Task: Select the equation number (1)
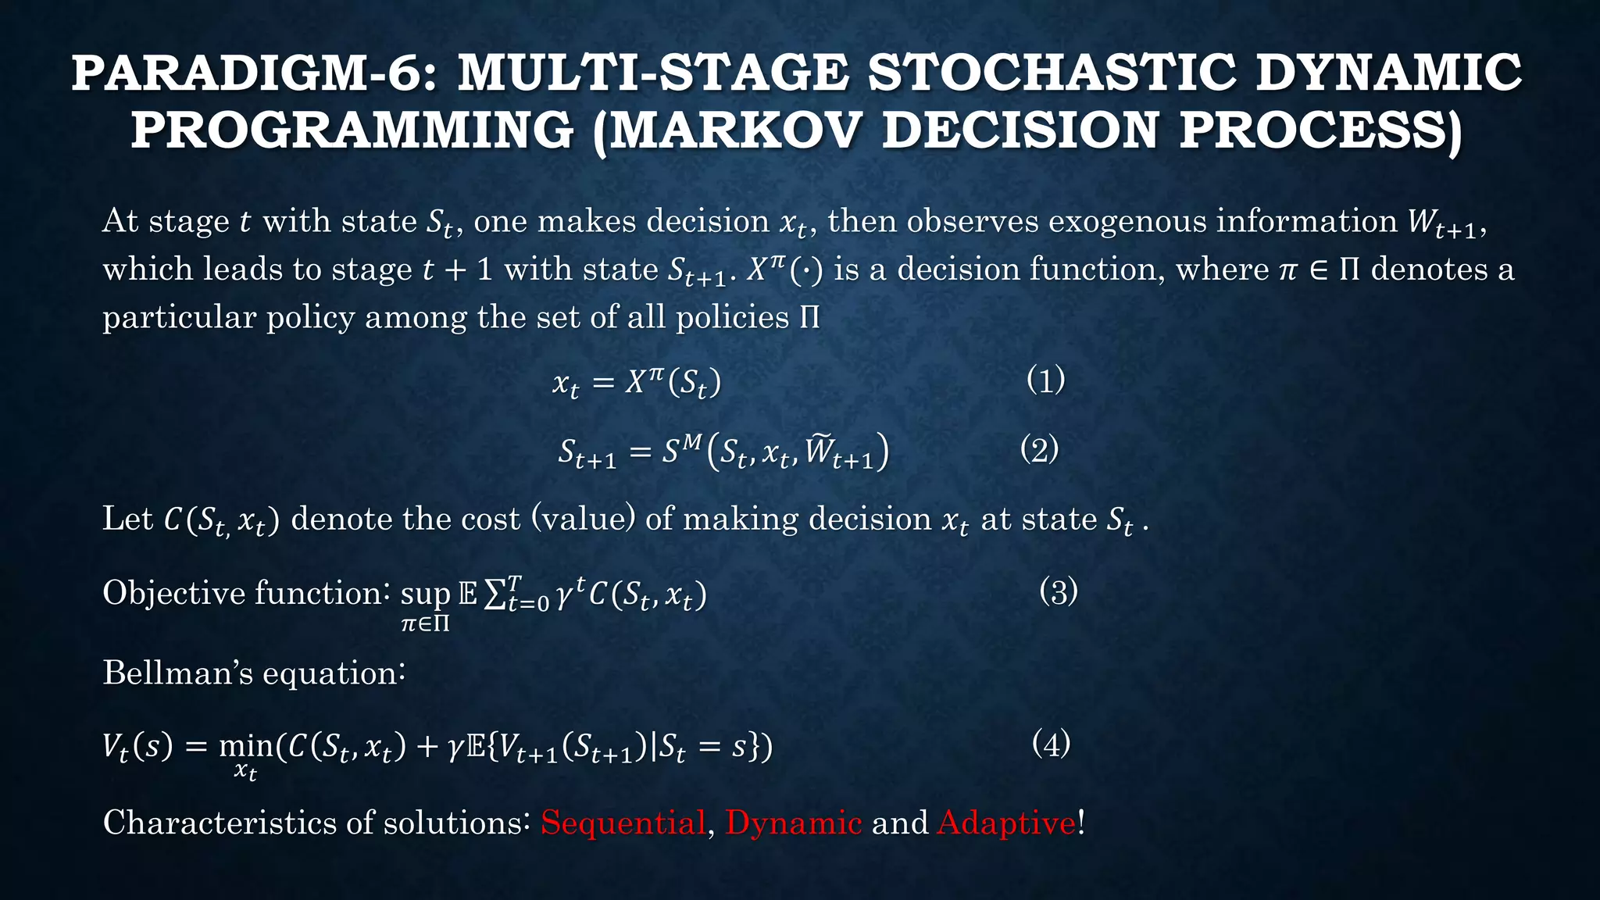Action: (1045, 380)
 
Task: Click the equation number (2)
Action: (1039, 449)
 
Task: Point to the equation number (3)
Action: (1059, 591)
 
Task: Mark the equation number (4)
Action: (1051, 743)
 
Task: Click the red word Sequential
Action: (623, 823)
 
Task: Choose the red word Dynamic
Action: (793, 823)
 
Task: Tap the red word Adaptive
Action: (1006, 823)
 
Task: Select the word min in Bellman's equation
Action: (245, 747)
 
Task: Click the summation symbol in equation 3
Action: (494, 595)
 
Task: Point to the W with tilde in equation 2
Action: (820, 451)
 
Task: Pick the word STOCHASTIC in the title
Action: (1052, 72)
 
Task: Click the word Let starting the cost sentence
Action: (127, 519)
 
